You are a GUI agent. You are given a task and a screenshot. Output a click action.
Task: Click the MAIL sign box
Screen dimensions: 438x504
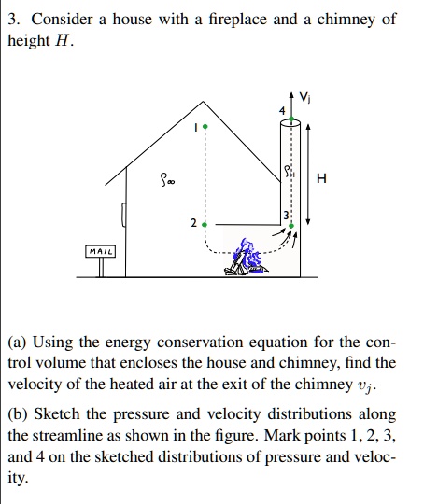pos(100,251)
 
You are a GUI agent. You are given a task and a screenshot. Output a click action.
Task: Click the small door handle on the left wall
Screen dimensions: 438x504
pos(122,217)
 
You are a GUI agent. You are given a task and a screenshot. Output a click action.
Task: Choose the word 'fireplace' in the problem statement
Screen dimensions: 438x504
pos(236,19)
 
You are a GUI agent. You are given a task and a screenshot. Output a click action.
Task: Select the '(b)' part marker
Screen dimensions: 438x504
pos(20,413)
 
